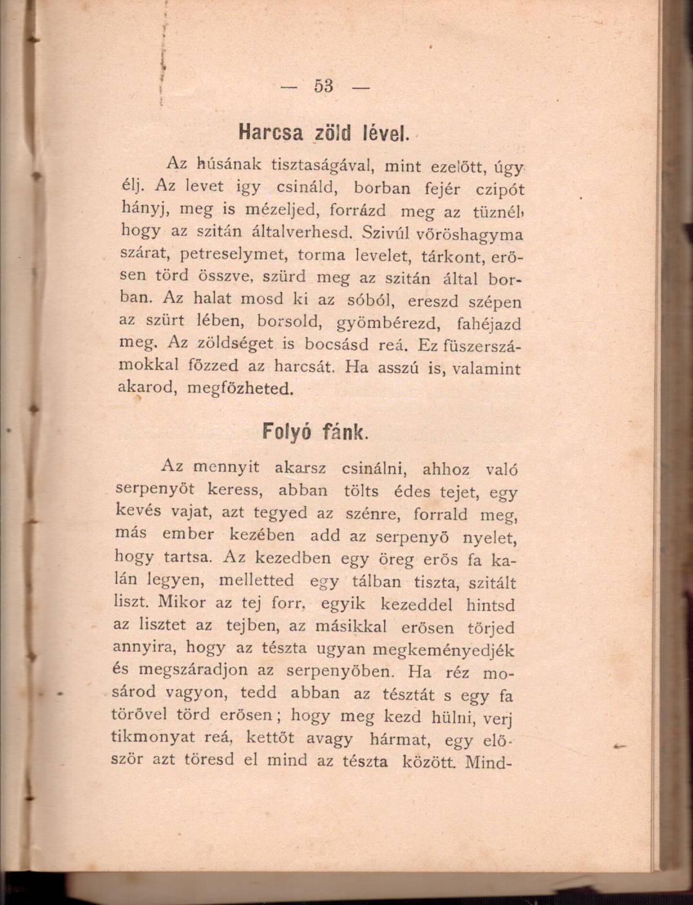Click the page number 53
(x=324, y=86)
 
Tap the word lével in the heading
(x=385, y=133)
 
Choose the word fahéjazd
(x=489, y=323)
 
